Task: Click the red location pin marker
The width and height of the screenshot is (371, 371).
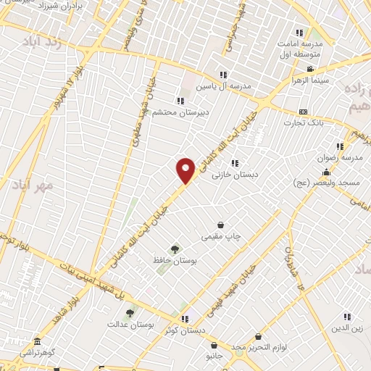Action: click(x=185, y=171)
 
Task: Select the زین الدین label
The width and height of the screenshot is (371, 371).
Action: click(x=345, y=328)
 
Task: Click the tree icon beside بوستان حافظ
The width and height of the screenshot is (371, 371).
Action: click(x=174, y=249)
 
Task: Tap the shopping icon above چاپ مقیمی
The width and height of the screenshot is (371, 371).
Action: click(x=221, y=225)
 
